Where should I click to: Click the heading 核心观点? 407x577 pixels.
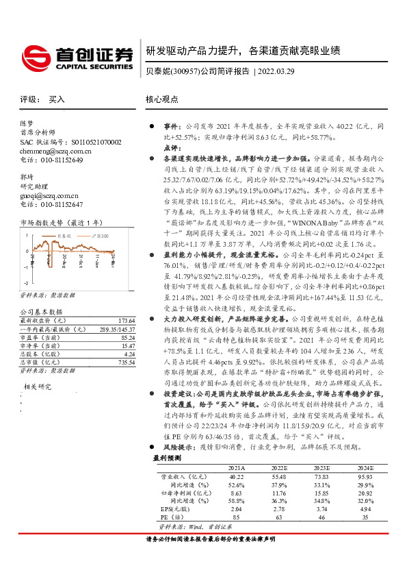[x=163, y=99]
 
